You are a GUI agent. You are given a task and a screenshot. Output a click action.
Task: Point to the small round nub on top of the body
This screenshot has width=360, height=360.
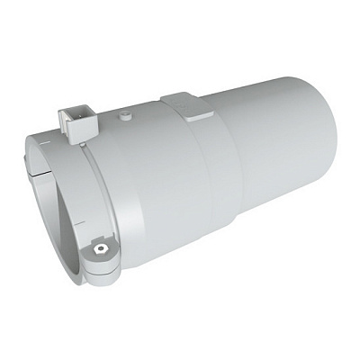(127, 115)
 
